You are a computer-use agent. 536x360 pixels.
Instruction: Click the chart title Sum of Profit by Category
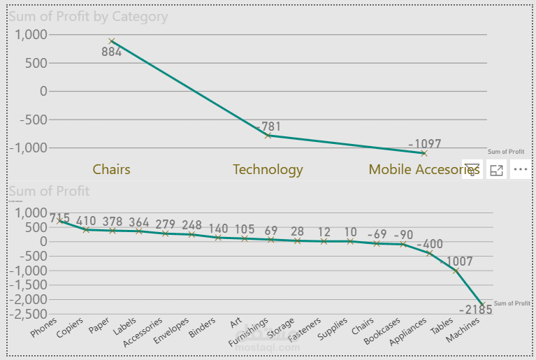(88, 16)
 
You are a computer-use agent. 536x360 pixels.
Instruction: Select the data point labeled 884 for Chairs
(111, 41)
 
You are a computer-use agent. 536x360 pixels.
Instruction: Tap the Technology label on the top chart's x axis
(268, 169)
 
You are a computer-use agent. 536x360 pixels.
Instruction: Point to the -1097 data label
(425, 144)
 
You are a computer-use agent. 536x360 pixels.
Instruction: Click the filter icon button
(472, 169)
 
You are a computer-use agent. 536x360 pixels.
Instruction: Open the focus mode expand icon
(497, 169)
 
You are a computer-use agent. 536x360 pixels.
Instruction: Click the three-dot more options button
(521, 169)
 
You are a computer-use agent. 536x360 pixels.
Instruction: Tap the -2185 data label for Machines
(476, 309)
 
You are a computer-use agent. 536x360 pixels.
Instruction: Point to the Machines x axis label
(464, 330)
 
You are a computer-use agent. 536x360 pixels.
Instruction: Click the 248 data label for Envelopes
(187, 225)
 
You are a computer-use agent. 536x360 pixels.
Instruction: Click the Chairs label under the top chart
(111, 169)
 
